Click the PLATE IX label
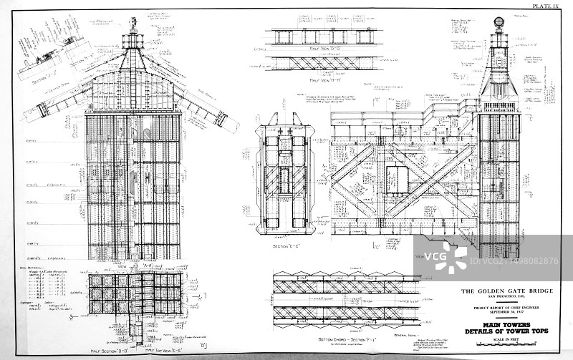549,6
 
